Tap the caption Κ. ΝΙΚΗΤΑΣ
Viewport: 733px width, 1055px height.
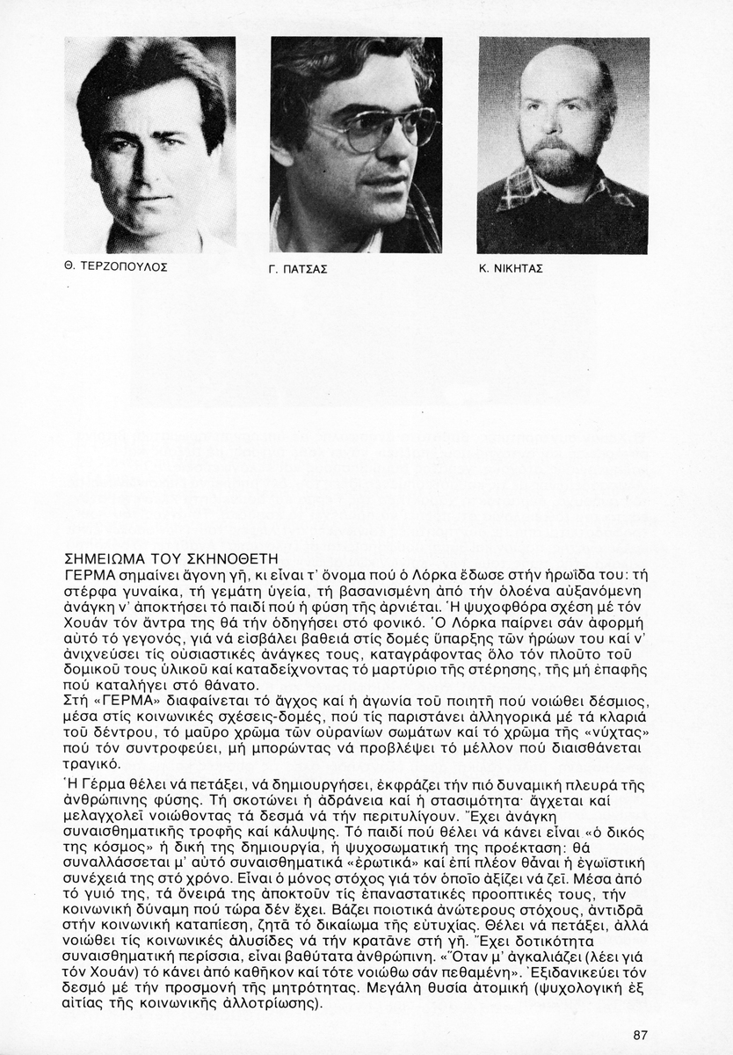coord(511,269)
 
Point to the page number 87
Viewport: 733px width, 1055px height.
coord(640,1035)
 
